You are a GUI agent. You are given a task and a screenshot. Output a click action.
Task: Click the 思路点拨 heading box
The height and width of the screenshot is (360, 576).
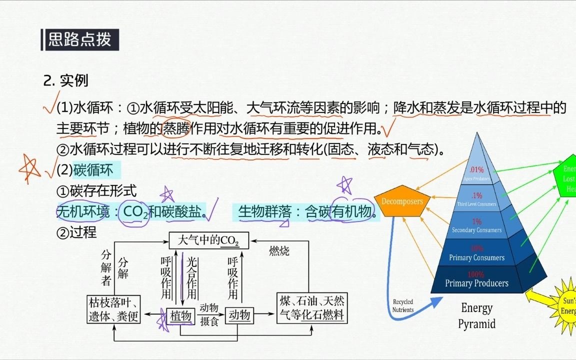coord(80,40)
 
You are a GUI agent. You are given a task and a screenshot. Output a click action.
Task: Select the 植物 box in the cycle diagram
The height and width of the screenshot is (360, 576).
coord(180,315)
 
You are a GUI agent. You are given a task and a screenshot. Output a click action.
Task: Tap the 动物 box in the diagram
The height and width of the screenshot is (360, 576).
coord(239,315)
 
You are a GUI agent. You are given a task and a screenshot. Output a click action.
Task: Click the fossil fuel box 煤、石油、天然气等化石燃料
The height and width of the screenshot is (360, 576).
coord(312,308)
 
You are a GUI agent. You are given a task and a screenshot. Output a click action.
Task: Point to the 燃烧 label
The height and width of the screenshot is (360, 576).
coord(279,251)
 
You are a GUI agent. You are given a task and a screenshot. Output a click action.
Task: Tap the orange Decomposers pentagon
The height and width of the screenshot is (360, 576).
coord(402,202)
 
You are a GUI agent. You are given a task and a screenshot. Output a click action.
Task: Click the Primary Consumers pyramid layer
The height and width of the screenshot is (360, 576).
coord(476,253)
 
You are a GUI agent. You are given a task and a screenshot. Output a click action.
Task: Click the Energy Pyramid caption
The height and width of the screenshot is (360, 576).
coord(476,315)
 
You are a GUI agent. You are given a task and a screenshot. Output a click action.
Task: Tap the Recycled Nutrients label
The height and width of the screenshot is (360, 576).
coord(403,305)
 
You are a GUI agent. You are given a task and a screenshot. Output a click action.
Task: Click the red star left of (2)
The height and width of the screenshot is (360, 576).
coord(29,168)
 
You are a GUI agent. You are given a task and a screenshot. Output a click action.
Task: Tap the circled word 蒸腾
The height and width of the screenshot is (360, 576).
coord(175,128)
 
